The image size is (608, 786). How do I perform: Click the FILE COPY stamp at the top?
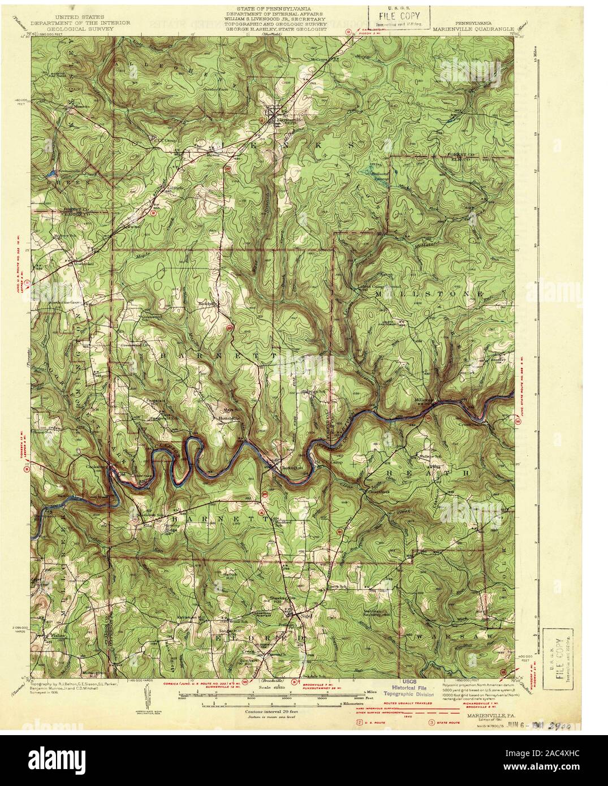click(x=399, y=14)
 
